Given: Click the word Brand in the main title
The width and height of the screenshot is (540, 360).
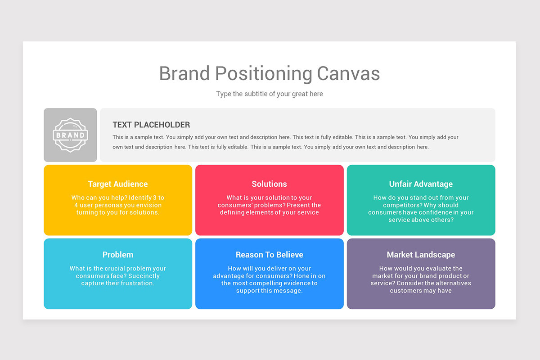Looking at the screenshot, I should [184, 74].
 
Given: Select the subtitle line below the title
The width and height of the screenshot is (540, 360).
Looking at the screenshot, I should [270, 94].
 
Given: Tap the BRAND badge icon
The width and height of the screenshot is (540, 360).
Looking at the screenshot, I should [70, 135].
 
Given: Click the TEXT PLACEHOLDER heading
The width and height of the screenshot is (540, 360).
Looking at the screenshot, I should [151, 125].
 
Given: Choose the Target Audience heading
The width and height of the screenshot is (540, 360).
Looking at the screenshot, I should [118, 184].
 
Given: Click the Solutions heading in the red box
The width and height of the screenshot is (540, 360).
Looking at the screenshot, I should [270, 184].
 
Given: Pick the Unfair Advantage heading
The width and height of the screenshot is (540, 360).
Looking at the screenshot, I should [421, 184].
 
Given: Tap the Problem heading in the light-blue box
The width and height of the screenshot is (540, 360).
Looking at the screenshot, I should [118, 255].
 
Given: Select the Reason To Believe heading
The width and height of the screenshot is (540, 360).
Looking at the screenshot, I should [270, 255].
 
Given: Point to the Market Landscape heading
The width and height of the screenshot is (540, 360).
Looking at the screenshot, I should [421, 255].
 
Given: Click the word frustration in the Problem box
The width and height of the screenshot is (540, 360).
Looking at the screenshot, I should [135, 283].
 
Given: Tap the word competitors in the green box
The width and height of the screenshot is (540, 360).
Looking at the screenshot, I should [395, 205].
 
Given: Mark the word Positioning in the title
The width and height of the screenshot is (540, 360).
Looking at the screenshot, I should [263, 74].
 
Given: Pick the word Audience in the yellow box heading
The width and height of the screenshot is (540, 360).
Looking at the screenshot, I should [130, 184].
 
